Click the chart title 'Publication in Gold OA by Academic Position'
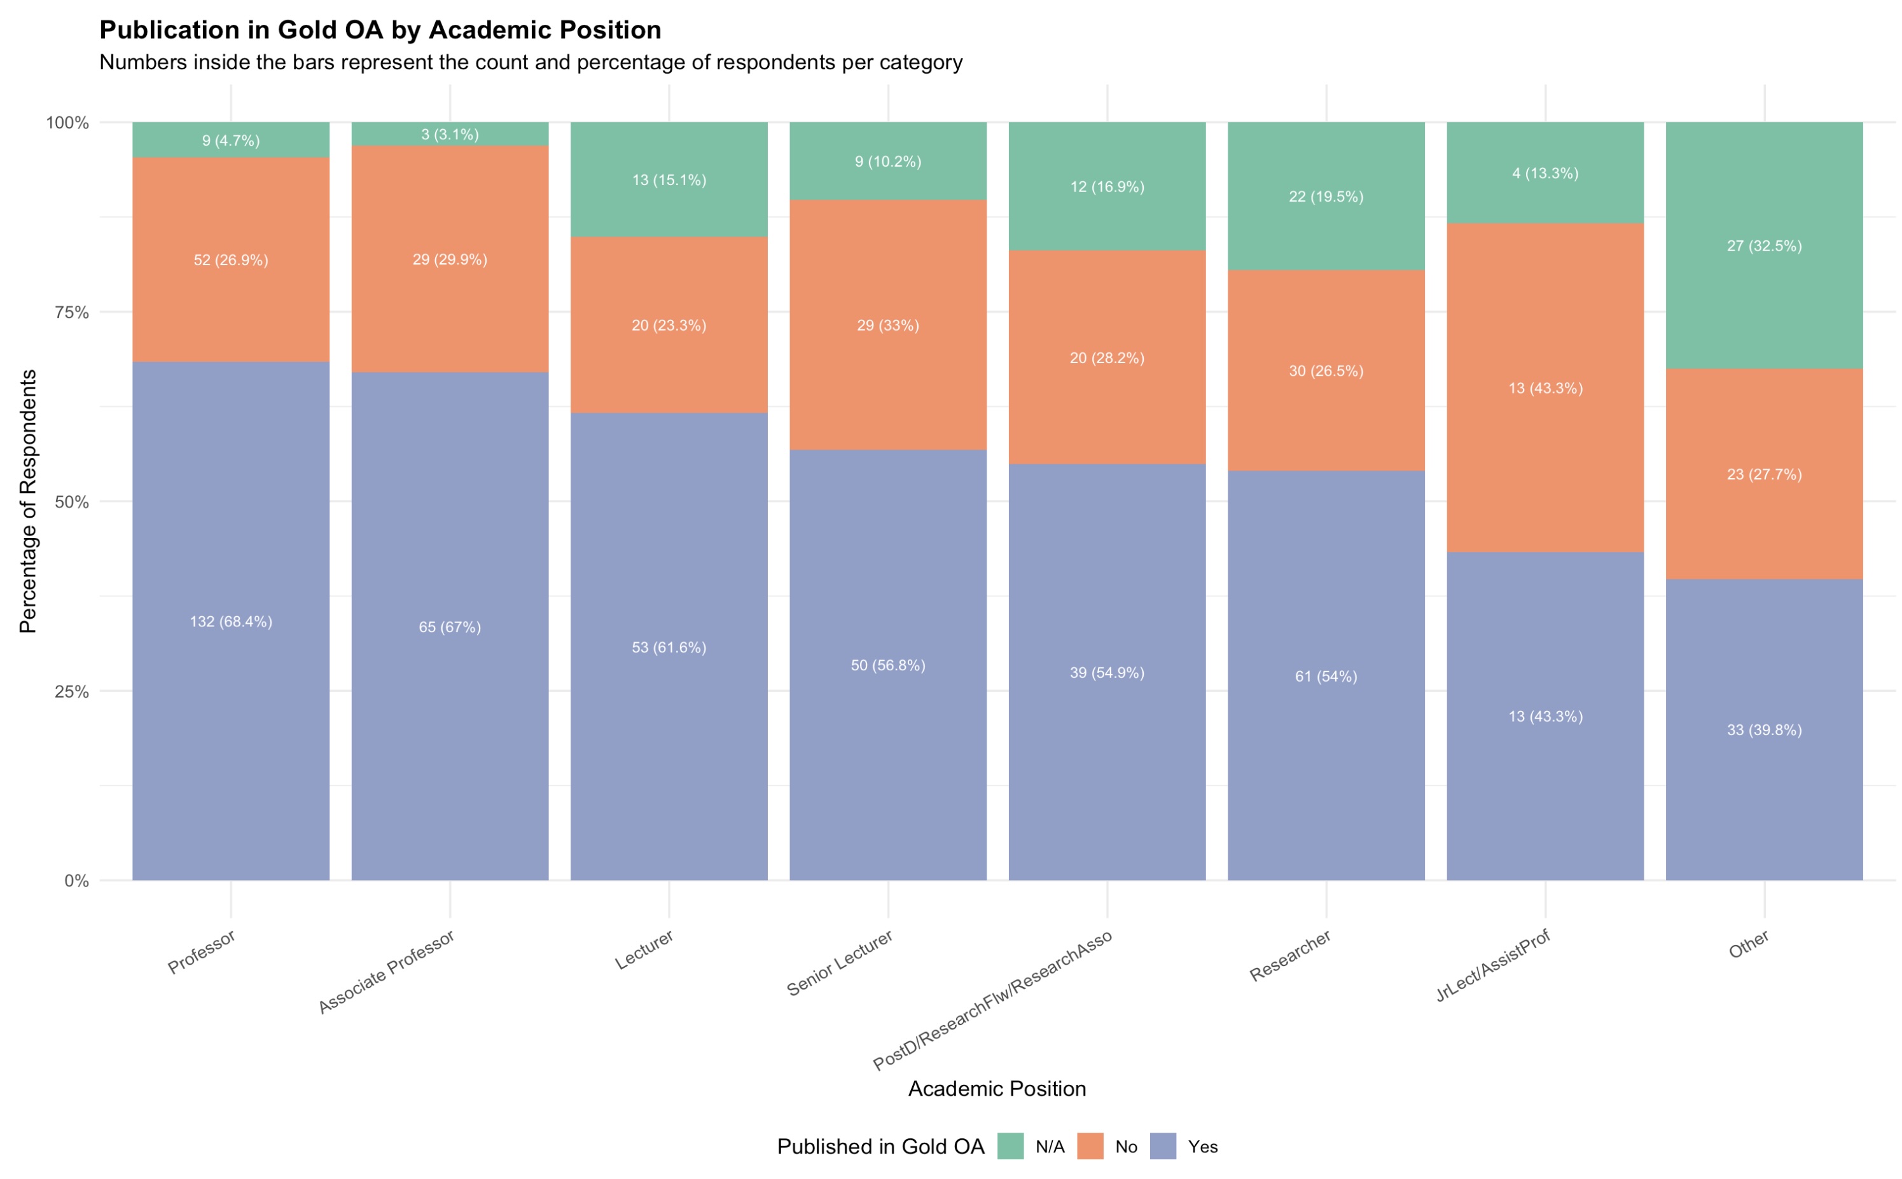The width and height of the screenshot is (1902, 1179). pyautogui.click(x=380, y=30)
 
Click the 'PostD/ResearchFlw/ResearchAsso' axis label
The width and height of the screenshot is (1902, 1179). pyautogui.click(x=991, y=1000)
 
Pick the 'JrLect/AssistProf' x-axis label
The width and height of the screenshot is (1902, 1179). pyautogui.click(x=1492, y=965)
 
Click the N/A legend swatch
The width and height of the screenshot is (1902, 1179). pyautogui.click(x=1010, y=1146)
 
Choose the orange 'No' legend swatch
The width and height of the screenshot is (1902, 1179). pyautogui.click(x=1090, y=1146)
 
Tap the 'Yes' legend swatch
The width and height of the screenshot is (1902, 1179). pyautogui.click(x=1163, y=1146)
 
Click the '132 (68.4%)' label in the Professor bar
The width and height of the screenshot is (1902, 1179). pyautogui.click(x=231, y=621)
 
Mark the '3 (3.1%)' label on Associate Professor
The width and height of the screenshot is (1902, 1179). pyautogui.click(x=450, y=134)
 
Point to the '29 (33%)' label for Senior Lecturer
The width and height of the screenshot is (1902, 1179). pyautogui.click(x=887, y=325)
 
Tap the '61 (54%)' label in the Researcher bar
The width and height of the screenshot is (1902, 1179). pyautogui.click(x=1326, y=676)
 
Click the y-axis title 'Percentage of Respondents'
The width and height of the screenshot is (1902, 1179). pyautogui.click(x=28, y=501)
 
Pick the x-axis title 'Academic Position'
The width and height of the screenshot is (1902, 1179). pyautogui.click(x=997, y=1089)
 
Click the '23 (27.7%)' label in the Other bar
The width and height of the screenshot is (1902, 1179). pyautogui.click(x=1764, y=474)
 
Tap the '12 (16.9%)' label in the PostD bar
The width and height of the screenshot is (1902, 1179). pyautogui.click(x=1107, y=186)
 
